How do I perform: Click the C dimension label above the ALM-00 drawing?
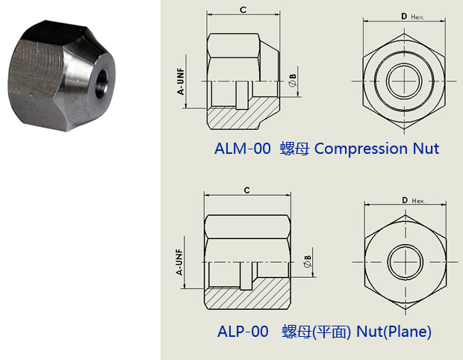243,10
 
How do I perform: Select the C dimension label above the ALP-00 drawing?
247,190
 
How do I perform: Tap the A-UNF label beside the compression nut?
181,81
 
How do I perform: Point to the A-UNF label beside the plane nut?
179,262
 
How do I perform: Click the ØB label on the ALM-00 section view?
292,81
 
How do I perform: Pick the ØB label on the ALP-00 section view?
308,261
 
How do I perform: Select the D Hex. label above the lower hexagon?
414,200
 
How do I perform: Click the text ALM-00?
243,148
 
